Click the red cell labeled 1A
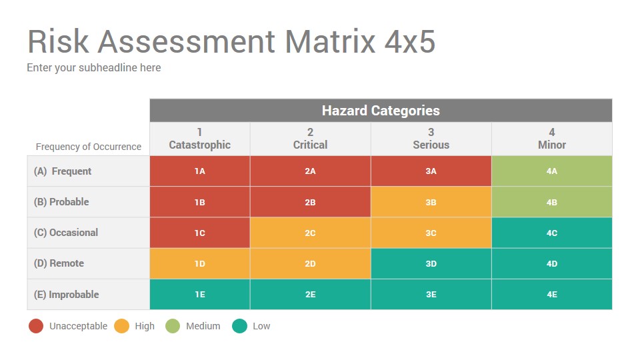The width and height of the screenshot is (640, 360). pyautogui.click(x=200, y=171)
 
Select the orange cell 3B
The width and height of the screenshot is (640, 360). pyautogui.click(x=431, y=202)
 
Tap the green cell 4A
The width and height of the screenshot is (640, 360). pyautogui.click(x=551, y=171)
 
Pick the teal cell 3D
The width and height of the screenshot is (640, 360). pyautogui.click(x=431, y=263)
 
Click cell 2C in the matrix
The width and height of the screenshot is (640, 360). pyautogui.click(x=310, y=233)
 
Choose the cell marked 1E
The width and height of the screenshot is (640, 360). pyautogui.click(x=200, y=294)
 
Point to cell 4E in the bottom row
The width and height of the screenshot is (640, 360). pyautogui.click(x=551, y=294)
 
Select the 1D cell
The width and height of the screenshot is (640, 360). pyautogui.click(x=200, y=263)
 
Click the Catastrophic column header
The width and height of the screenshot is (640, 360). pyautogui.click(x=200, y=139)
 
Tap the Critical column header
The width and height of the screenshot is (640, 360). pyautogui.click(x=310, y=139)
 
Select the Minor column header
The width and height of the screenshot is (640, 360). pyautogui.click(x=551, y=139)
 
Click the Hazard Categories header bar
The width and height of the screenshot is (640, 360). pyautogui.click(x=381, y=111)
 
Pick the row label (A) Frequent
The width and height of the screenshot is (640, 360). pyautogui.click(x=63, y=171)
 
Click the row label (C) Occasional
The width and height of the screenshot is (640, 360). pyautogui.click(x=66, y=233)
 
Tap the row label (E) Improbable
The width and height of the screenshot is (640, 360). pyautogui.click(x=66, y=294)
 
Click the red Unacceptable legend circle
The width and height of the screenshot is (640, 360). pyautogui.click(x=36, y=326)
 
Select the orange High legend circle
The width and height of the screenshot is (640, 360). pyautogui.click(x=121, y=326)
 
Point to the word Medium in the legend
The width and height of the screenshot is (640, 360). pyautogui.click(x=203, y=326)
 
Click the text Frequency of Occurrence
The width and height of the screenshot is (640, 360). pyautogui.click(x=89, y=147)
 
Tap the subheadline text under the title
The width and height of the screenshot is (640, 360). pyautogui.click(x=93, y=67)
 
